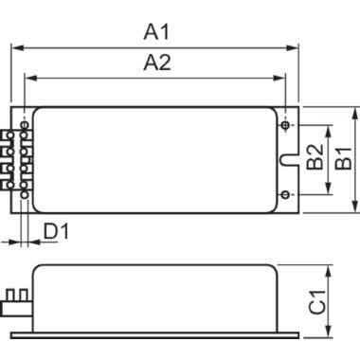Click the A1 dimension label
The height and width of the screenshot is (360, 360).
tap(156, 32)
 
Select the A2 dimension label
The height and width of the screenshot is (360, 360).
tap(157, 63)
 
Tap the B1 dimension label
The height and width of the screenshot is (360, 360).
tap(343, 158)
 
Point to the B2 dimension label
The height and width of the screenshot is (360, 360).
tap(315, 157)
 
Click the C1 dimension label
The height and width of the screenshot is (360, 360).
tap(317, 302)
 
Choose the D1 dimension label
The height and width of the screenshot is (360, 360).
tap(56, 231)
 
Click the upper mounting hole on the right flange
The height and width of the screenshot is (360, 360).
tap(285, 125)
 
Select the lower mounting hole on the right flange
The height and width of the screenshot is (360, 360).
tap(285, 194)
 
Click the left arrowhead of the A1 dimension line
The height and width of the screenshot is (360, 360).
tap(17, 48)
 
